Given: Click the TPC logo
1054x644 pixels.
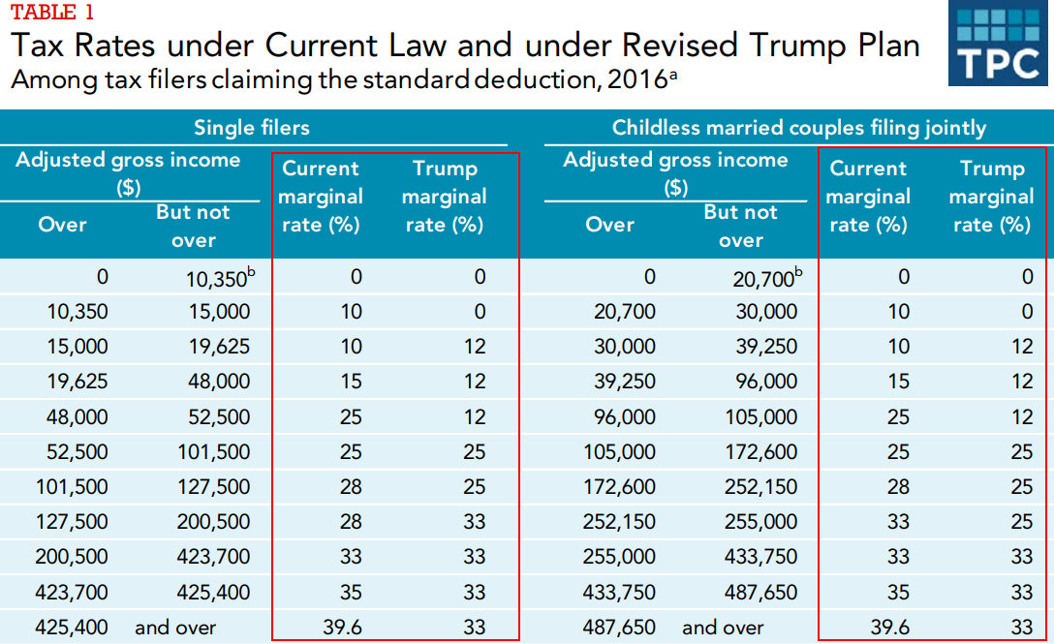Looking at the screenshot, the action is pyautogui.click(x=998, y=44).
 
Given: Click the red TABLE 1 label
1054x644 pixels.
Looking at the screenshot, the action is pyautogui.click(x=52, y=12).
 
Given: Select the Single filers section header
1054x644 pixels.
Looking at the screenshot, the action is pyautogui.click(x=252, y=127).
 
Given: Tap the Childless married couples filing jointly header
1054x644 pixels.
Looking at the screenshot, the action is pyautogui.click(x=798, y=127).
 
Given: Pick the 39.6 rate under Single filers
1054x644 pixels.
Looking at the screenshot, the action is pyautogui.click(x=342, y=628).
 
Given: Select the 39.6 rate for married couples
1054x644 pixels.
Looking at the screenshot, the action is pyautogui.click(x=890, y=628).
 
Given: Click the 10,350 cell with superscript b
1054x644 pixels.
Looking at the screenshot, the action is pyautogui.click(x=221, y=277).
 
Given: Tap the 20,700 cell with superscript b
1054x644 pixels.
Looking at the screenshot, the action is pyautogui.click(x=767, y=277).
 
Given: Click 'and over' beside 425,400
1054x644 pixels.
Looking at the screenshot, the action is pyautogui.click(x=175, y=628).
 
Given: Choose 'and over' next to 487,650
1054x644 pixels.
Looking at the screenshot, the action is pyautogui.click(x=723, y=628).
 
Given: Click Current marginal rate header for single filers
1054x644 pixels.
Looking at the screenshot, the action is pyautogui.click(x=320, y=197).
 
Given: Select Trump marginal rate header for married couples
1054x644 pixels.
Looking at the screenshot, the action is pyautogui.click(x=991, y=197).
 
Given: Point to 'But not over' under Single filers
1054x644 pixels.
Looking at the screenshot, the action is pyautogui.click(x=193, y=226).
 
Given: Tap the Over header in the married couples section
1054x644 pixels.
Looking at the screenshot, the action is pyautogui.click(x=609, y=224).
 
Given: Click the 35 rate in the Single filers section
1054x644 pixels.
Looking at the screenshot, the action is pyautogui.click(x=351, y=593).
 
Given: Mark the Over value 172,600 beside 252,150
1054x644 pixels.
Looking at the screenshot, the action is pyautogui.click(x=618, y=487).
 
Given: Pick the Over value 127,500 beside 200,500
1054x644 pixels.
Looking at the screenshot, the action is pyautogui.click(x=72, y=522).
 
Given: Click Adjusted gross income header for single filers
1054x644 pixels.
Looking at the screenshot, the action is pyautogui.click(x=128, y=172).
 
